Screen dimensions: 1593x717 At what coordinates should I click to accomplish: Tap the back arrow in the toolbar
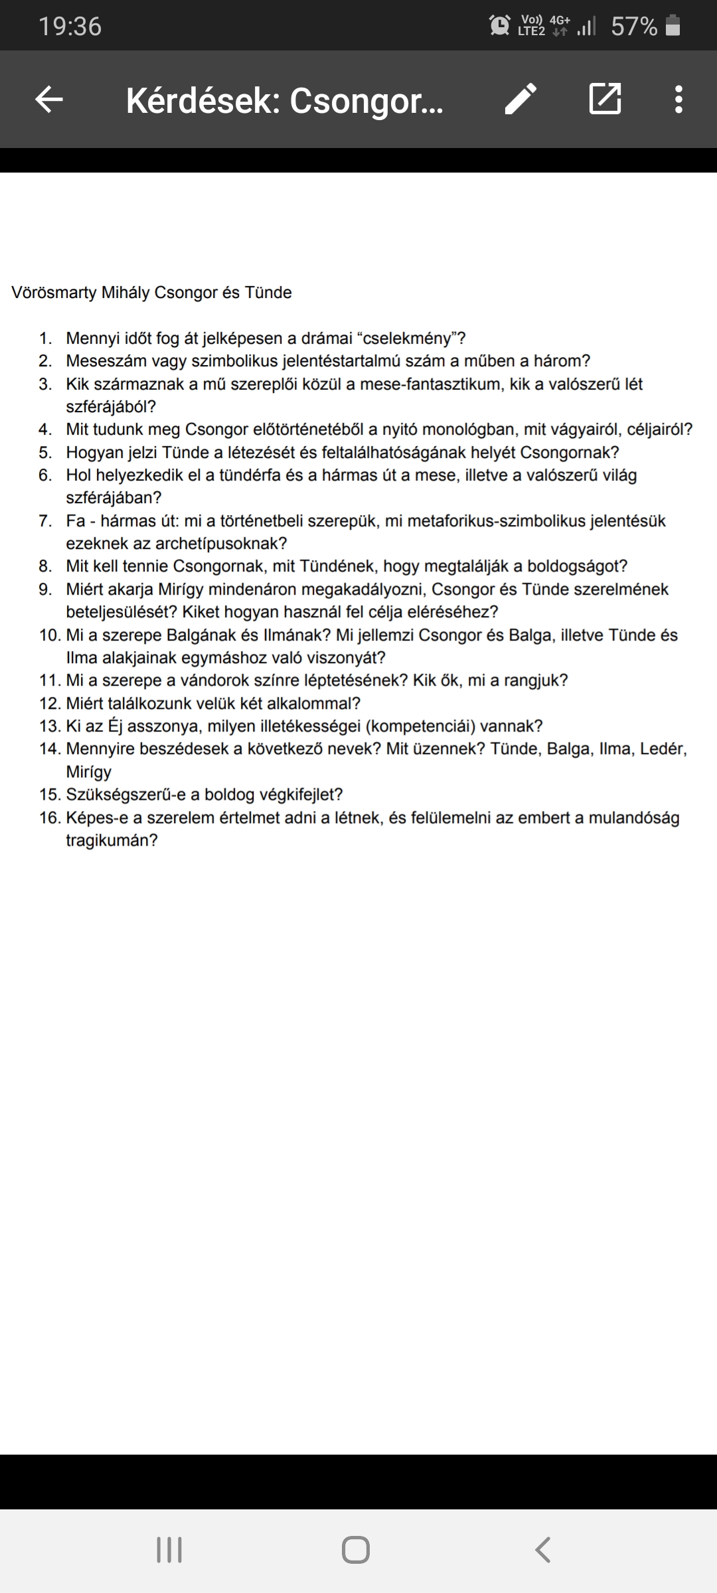[x=48, y=100]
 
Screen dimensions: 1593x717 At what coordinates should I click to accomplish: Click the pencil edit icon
[x=520, y=100]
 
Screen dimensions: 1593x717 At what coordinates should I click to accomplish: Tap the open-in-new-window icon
[x=605, y=100]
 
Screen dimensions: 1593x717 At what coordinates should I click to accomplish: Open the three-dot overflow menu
[x=678, y=100]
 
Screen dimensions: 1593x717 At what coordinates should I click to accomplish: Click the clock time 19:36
[x=70, y=27]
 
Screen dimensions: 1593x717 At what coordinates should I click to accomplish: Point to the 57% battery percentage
[x=634, y=27]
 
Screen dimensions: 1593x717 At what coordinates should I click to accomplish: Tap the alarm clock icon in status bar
[x=499, y=25]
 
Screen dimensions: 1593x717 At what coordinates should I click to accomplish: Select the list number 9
[x=44, y=589]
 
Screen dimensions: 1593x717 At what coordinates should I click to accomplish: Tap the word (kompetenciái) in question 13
[x=420, y=726]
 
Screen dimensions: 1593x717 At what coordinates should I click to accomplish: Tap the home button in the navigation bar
[x=356, y=1551]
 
